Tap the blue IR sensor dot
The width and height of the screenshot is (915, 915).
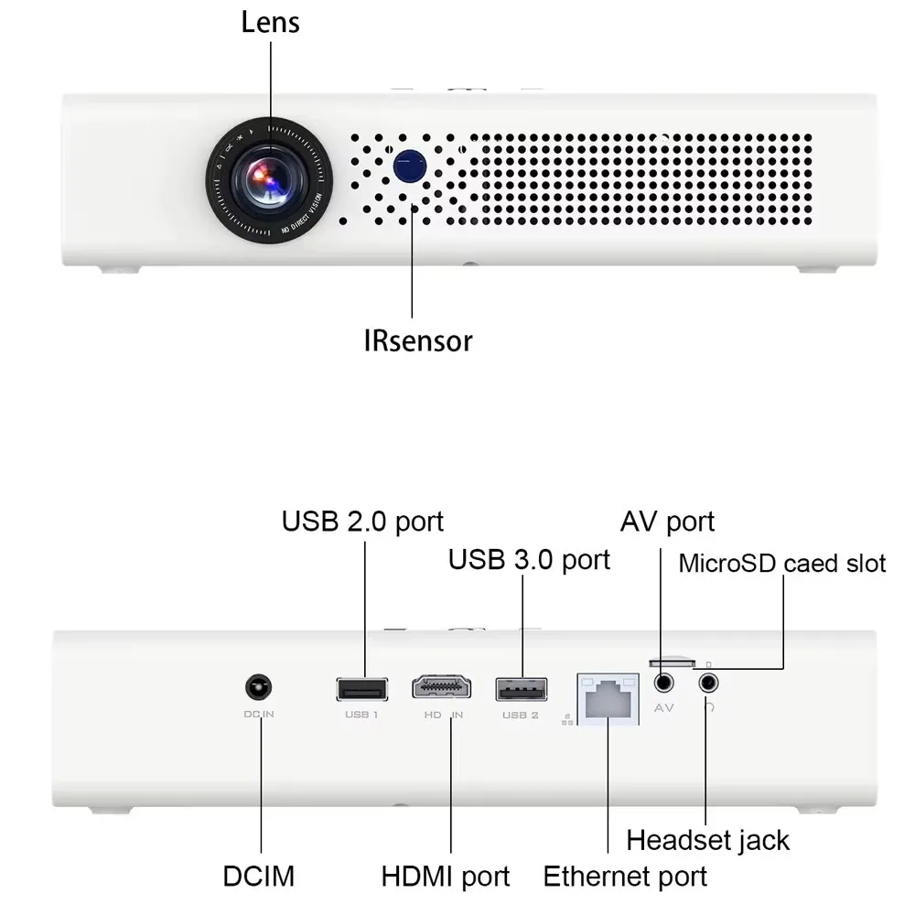[410, 165]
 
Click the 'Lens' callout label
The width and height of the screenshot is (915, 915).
[270, 22]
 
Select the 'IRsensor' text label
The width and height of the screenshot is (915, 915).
[418, 341]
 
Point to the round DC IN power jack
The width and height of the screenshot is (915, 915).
[260, 687]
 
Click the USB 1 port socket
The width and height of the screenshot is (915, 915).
[361, 687]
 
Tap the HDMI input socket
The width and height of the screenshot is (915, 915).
[441, 687]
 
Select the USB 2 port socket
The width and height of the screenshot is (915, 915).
[521, 687]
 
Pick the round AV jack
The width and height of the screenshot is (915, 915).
[663, 683]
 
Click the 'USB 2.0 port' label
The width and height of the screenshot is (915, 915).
[362, 521]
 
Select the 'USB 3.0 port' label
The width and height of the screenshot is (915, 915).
[529, 559]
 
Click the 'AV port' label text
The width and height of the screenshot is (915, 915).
[667, 522]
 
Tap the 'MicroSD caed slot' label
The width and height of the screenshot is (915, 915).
[781, 563]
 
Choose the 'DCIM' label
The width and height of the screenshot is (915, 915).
[259, 876]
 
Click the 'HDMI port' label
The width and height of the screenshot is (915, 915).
[446, 876]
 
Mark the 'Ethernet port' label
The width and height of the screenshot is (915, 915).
[625, 876]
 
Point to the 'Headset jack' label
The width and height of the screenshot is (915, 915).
[707, 839]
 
